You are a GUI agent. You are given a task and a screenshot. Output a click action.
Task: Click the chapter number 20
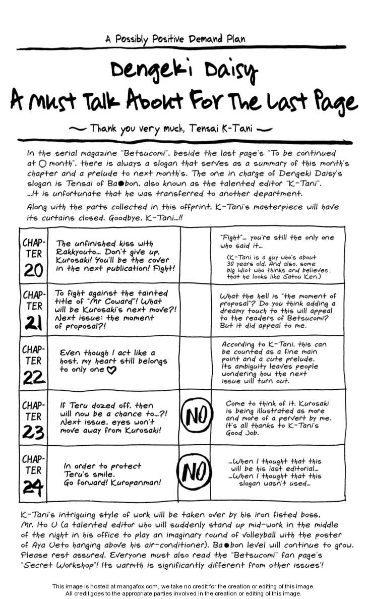click(33, 271)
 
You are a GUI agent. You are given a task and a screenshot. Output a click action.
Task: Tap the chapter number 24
click(33, 487)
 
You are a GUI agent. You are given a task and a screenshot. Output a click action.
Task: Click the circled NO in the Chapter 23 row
click(195, 416)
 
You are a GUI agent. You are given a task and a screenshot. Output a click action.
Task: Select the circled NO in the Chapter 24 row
click(195, 472)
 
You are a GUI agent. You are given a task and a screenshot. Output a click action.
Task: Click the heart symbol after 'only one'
click(112, 370)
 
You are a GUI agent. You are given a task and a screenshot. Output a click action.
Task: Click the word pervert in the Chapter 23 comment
click(284, 418)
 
